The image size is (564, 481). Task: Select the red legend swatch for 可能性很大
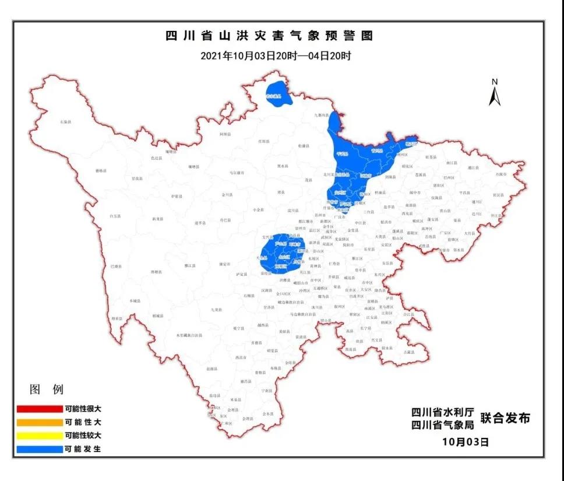39,409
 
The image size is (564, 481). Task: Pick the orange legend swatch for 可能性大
39,422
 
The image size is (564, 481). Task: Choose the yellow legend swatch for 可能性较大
39,436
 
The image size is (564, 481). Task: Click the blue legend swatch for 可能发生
39,449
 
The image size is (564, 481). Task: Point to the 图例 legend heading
46,389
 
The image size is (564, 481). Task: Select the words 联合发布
505,418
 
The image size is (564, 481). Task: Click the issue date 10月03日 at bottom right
465,442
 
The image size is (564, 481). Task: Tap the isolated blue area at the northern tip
278,93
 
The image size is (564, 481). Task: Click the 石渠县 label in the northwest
65,122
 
